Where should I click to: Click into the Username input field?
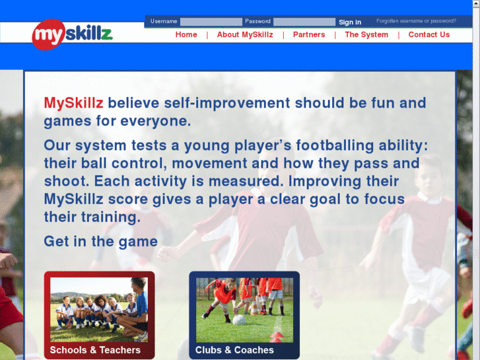pos(211,22)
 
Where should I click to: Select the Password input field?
pos(304,22)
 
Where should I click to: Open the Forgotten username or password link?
pos(416,21)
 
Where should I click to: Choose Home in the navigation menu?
pos(186,34)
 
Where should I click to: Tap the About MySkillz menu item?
pos(245,34)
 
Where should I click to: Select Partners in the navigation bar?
pos(309,34)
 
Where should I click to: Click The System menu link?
pos(366,34)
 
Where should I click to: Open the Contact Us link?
pos(429,34)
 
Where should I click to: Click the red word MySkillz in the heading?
pos(74,103)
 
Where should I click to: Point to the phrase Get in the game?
pos(100,241)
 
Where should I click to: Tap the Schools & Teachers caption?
pos(95,350)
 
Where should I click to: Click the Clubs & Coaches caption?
pos(234,350)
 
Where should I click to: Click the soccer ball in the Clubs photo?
pos(239,320)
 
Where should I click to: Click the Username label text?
pos(164,22)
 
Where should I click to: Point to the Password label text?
pos(257,22)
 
